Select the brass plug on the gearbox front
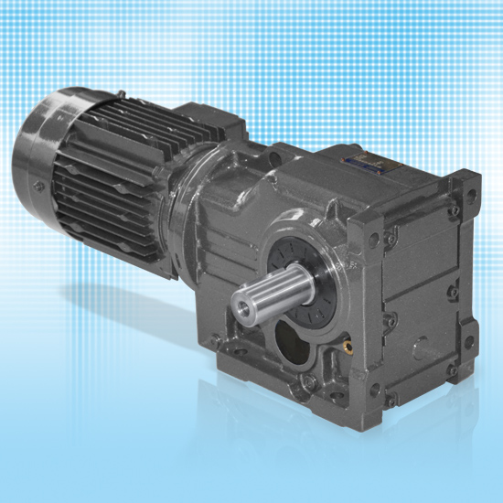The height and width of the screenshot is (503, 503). tap(347, 348)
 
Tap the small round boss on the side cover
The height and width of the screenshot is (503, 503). tap(422, 347)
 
